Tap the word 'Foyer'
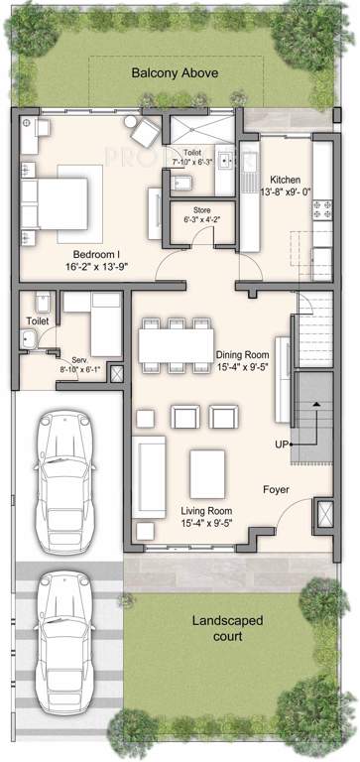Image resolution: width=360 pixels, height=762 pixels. (x=276, y=490)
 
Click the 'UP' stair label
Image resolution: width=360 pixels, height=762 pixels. (x=281, y=444)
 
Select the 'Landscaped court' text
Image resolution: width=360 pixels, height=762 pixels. (x=227, y=627)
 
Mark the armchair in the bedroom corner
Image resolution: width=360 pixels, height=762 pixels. (x=146, y=131)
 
